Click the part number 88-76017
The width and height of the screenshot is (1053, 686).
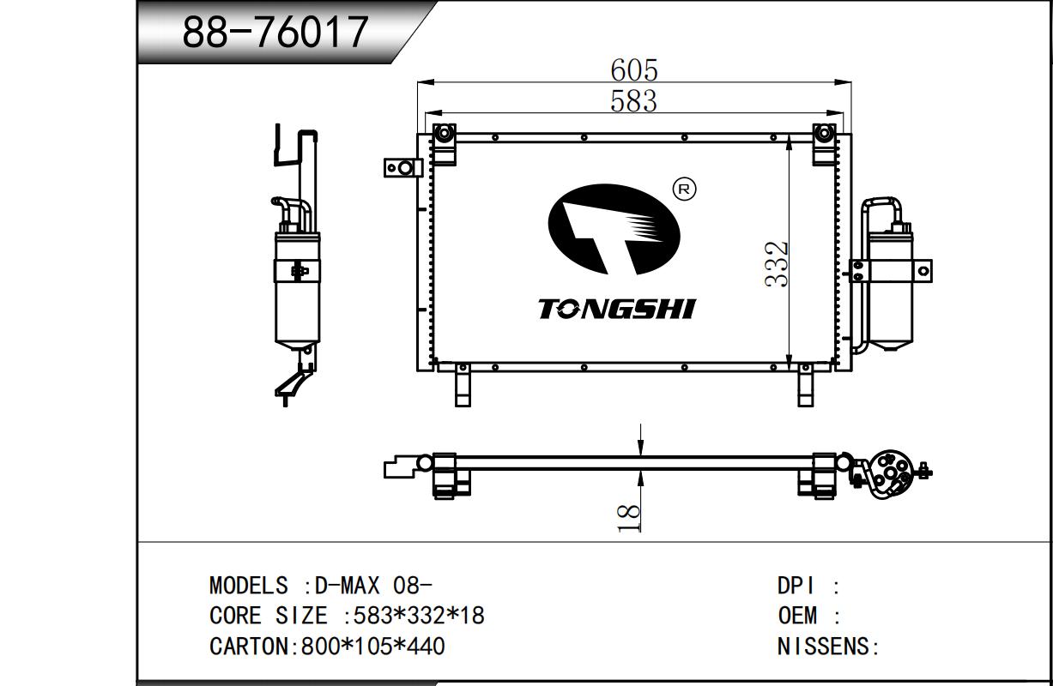(x=275, y=32)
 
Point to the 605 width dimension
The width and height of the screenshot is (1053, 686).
(x=634, y=70)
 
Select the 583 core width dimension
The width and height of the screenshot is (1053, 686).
(x=633, y=101)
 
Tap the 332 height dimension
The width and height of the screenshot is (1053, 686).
(x=776, y=264)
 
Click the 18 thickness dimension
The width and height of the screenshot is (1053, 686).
(x=629, y=518)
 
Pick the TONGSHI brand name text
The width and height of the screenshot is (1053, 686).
(x=616, y=310)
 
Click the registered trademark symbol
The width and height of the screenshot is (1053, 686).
(x=685, y=190)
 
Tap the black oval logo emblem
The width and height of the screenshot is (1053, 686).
(x=614, y=229)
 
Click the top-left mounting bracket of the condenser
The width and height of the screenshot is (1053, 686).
(x=444, y=144)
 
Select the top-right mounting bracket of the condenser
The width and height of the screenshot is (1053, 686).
(x=825, y=144)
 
